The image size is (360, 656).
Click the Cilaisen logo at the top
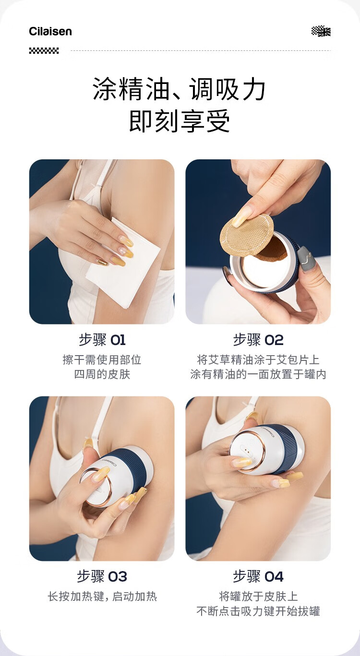pyautogui.click(x=50, y=31)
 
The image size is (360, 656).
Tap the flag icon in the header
pyautogui.click(x=321, y=31)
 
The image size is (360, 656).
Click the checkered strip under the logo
pyautogui.click(x=44, y=51)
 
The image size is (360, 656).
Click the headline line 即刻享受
pyautogui.click(x=180, y=120)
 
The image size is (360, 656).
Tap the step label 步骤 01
pyautogui.click(x=102, y=340)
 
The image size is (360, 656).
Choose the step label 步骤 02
pyautogui.click(x=258, y=340)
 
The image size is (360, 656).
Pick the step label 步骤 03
pyautogui.click(x=102, y=577)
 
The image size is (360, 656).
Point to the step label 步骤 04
pyautogui.click(x=258, y=577)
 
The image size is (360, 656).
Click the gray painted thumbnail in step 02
pyautogui.click(x=306, y=259)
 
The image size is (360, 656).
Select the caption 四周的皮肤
pyautogui.click(x=102, y=375)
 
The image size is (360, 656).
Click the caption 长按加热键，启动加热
pyautogui.click(x=102, y=596)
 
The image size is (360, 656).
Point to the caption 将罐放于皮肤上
pyautogui.click(x=258, y=596)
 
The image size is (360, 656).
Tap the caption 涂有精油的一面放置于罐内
pyautogui.click(x=258, y=375)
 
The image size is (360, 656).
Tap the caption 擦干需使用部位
pyautogui.click(x=102, y=360)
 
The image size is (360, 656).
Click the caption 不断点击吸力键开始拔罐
pyautogui.click(x=258, y=611)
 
